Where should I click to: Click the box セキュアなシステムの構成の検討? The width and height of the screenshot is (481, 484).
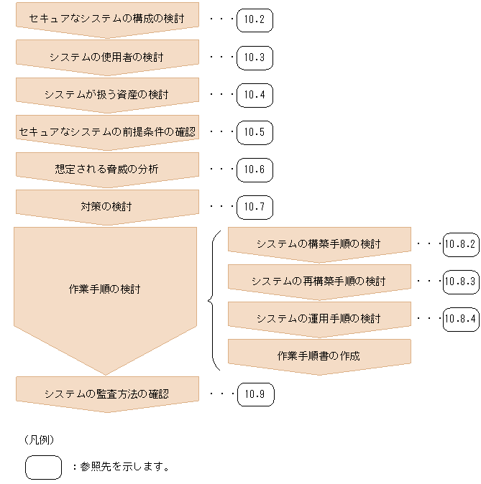(106, 19)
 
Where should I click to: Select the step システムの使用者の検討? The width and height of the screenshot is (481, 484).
(106, 56)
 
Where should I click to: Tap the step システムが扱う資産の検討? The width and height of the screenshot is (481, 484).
(106, 94)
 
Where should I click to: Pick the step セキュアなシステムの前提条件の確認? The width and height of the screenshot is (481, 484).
(106, 131)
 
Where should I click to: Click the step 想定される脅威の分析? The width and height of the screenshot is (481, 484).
(106, 169)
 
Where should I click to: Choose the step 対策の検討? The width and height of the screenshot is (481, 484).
(106, 207)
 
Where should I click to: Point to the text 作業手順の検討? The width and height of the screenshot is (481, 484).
(105, 289)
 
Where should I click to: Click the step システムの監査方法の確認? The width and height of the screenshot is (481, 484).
(106, 394)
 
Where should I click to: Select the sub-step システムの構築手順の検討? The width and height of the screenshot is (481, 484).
(319, 243)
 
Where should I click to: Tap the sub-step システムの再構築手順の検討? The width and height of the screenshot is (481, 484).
(319, 281)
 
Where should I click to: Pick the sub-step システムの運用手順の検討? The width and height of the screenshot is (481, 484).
(319, 318)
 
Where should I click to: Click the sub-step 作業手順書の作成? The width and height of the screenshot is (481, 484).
(319, 355)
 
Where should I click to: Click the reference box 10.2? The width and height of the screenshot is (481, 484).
(255, 19)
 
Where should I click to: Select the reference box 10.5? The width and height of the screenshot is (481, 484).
(255, 131)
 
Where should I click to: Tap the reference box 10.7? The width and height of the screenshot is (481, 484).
(255, 207)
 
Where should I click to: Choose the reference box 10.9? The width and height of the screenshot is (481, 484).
(255, 394)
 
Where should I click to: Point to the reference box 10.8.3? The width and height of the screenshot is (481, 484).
(461, 281)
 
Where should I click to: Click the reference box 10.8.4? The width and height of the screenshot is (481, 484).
(461, 318)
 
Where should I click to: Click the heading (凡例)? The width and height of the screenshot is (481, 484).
(40, 438)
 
